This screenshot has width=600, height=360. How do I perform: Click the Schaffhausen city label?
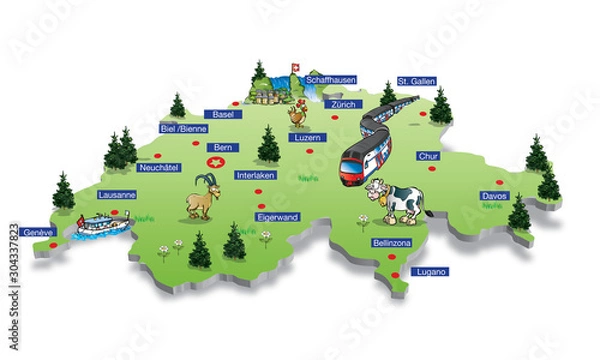330,78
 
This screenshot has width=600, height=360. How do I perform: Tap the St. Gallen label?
414,81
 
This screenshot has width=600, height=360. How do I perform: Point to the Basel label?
223,115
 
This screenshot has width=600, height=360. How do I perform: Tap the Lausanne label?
117,195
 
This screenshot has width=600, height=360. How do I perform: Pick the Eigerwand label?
278,216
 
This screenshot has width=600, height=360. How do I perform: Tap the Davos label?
494,196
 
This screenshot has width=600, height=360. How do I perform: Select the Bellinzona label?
391,243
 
